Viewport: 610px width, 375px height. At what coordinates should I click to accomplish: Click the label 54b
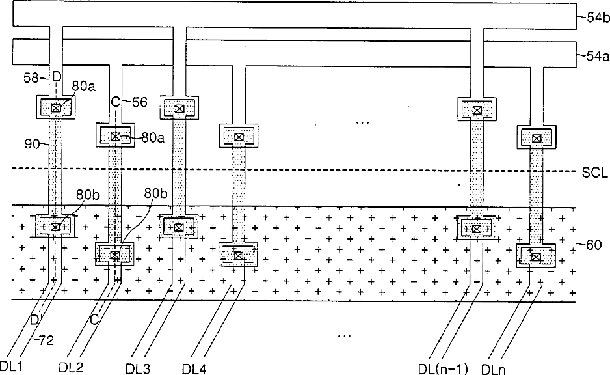click(594, 19)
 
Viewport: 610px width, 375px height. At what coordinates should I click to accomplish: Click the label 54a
click(594, 57)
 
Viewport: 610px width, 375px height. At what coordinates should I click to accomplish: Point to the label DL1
click(12, 367)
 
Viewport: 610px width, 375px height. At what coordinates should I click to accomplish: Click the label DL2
click(71, 367)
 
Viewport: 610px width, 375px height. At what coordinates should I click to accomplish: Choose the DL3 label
click(137, 368)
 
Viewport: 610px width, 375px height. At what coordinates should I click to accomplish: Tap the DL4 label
click(194, 368)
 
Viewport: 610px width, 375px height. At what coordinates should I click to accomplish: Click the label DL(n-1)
click(443, 368)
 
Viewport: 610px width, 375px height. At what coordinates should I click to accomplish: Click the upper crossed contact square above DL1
click(56, 107)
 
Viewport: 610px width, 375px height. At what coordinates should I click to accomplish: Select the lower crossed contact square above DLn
click(536, 257)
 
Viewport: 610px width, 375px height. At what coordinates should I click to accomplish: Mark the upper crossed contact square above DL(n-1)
click(477, 110)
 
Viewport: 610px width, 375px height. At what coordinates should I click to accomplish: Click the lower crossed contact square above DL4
click(239, 256)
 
